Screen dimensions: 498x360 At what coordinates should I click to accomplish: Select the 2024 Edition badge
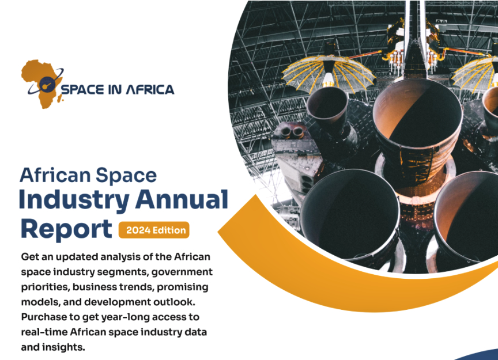[x=154, y=230]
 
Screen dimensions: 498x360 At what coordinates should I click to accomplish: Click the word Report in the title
[x=66, y=229]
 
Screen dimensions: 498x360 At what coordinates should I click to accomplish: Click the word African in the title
[x=55, y=175]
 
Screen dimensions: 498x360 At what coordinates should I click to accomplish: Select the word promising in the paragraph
[x=183, y=287]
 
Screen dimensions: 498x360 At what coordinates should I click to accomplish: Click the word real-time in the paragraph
[x=44, y=332]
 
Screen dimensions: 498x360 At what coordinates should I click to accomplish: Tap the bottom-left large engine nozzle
[x=349, y=216]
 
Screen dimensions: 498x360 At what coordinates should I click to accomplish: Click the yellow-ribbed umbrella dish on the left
[x=328, y=71]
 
